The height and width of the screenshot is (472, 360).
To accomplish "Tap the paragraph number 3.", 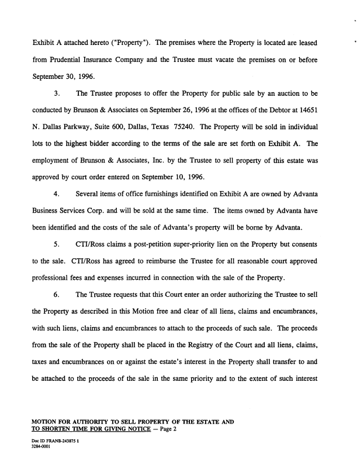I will click(56, 93).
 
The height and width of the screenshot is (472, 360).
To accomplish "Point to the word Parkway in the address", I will click(82, 126).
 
